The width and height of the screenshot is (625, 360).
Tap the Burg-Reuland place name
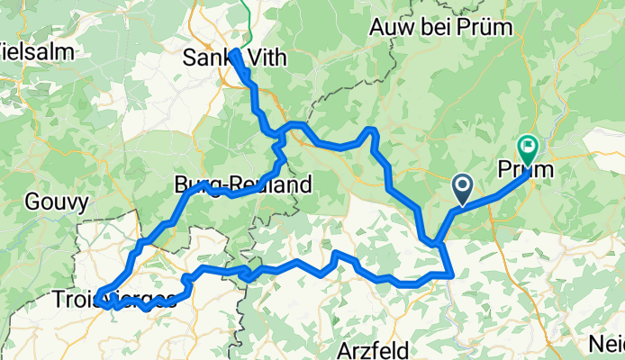click(242, 186)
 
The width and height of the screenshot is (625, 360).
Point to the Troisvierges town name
click(113, 299)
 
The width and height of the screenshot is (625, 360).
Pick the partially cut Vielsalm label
click(22, 48)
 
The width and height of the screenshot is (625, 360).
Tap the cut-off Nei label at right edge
click(609, 345)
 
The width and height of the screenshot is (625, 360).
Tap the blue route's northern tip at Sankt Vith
click(234, 52)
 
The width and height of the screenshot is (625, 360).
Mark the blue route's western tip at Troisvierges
click(95, 292)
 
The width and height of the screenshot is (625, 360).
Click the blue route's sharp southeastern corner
click(452, 275)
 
